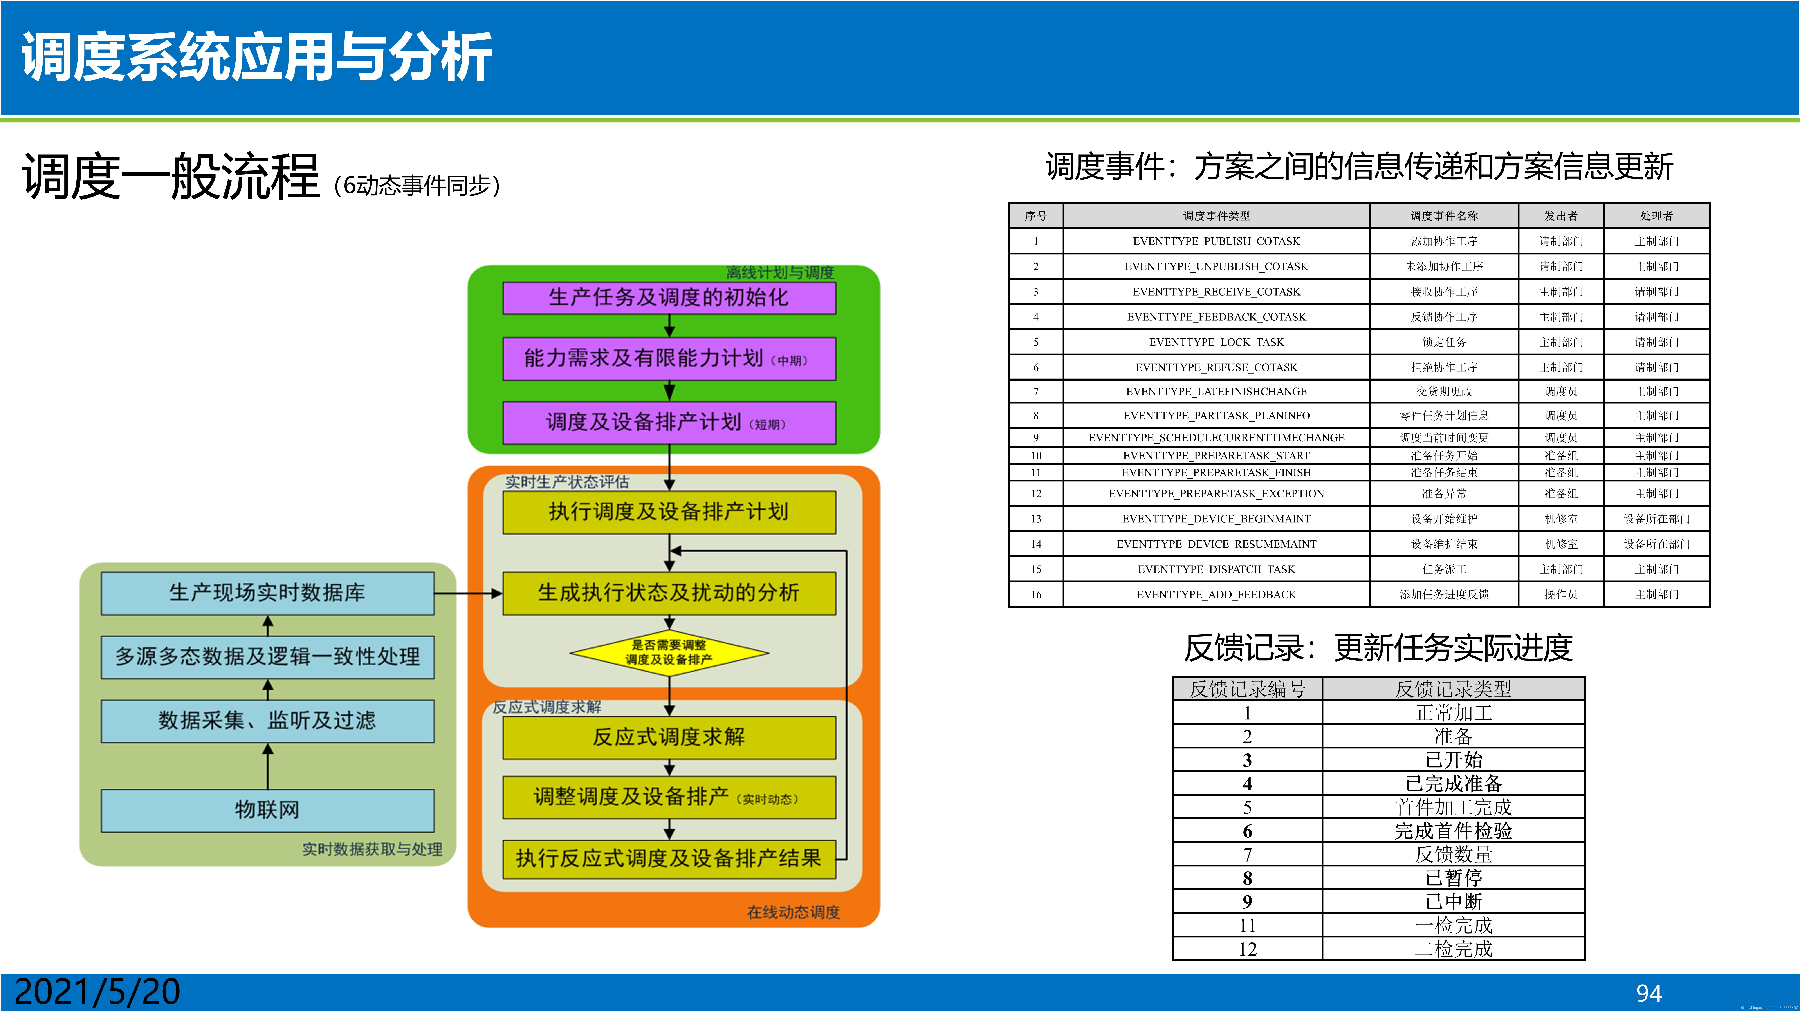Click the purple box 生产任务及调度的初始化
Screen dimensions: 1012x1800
pos(669,298)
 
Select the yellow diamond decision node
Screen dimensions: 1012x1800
pos(669,653)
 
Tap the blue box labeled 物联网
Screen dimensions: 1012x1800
pos(268,810)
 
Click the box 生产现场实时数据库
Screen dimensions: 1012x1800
pos(268,593)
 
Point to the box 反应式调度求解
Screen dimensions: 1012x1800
pos(669,737)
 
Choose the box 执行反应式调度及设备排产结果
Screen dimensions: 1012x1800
pos(669,858)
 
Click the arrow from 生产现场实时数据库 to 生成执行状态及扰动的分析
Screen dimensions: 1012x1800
pos(468,594)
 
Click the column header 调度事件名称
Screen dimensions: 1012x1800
pos(1444,216)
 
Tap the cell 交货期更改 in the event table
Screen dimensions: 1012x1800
pos(1444,392)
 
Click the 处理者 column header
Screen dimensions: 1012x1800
pos(1656,216)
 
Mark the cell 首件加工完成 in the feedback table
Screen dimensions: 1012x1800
pos(1453,807)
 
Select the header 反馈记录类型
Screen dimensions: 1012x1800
pos(1453,689)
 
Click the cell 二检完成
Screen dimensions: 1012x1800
pos(1453,949)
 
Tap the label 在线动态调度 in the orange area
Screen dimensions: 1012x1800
pos(793,912)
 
